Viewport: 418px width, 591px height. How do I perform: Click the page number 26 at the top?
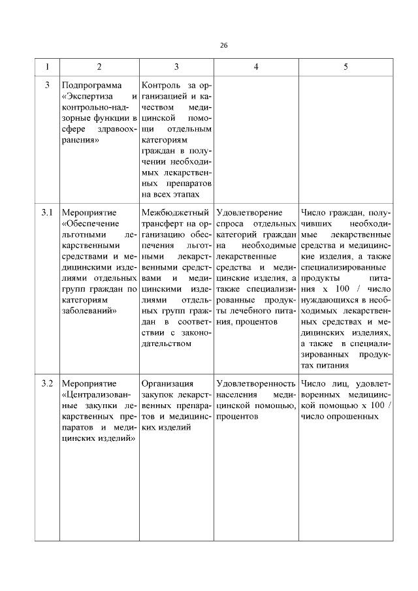[x=223, y=45]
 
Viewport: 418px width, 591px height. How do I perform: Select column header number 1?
[x=47, y=67]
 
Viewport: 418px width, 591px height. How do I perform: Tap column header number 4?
[x=255, y=67]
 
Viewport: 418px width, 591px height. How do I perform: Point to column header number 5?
[x=346, y=67]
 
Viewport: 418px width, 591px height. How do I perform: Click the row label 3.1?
[x=47, y=212]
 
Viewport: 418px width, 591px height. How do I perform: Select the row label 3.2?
[x=47, y=382]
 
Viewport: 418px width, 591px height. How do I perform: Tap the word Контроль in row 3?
[x=161, y=86]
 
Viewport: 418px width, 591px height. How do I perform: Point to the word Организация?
[x=167, y=382]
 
